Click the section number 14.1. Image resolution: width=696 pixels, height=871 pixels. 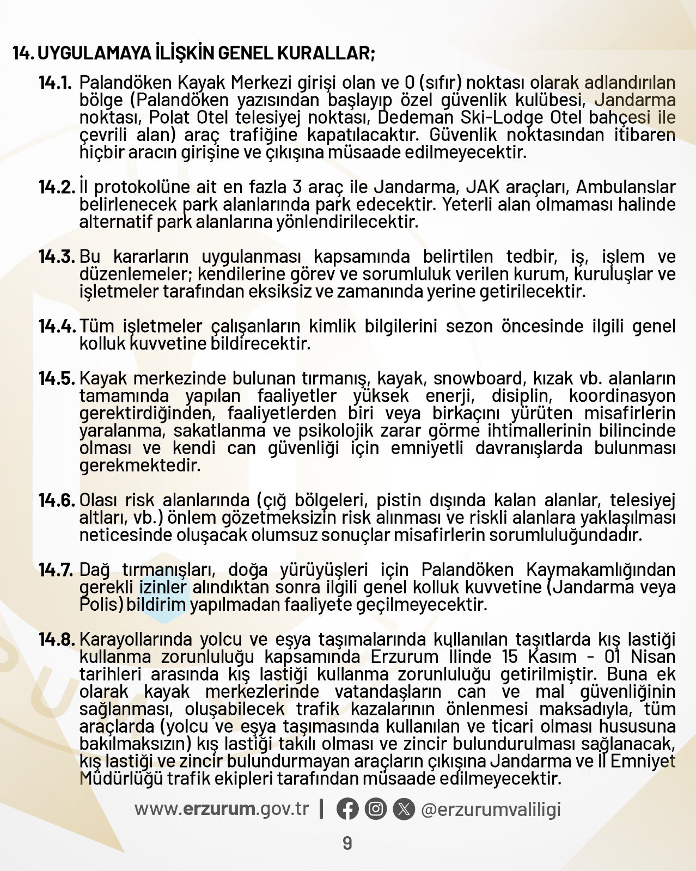tap(55, 83)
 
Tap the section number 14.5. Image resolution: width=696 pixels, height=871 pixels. tap(56, 378)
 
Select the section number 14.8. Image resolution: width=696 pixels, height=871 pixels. tap(56, 640)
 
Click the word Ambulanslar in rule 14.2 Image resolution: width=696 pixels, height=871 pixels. tap(626, 187)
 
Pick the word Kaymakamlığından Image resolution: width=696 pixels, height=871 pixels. tap(601, 570)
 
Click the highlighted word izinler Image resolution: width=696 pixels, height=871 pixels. tap(163, 587)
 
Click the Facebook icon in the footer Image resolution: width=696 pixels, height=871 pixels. tap(347, 809)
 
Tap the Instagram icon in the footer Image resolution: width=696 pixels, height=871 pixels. tap(376, 809)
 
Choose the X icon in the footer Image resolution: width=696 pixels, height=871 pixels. tap(404, 809)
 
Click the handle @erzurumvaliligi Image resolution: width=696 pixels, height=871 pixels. tap(491, 809)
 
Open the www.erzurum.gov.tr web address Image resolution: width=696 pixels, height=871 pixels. tap(222, 809)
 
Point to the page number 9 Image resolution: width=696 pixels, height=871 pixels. tap(347, 844)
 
